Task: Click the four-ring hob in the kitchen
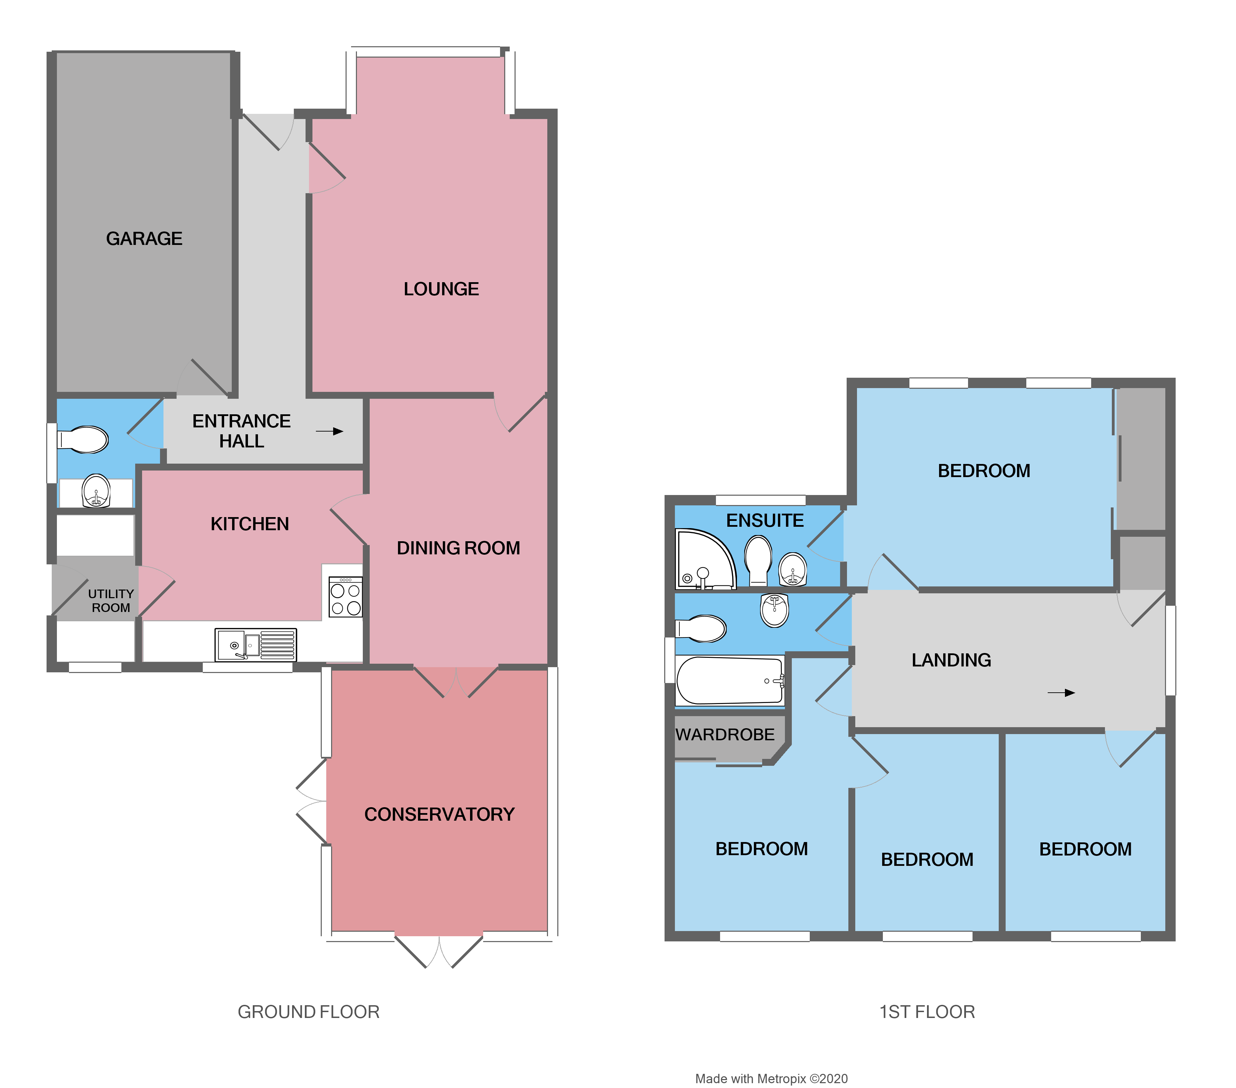click(345, 597)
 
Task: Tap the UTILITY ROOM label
click(111, 601)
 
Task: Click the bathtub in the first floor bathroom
click(730, 680)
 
